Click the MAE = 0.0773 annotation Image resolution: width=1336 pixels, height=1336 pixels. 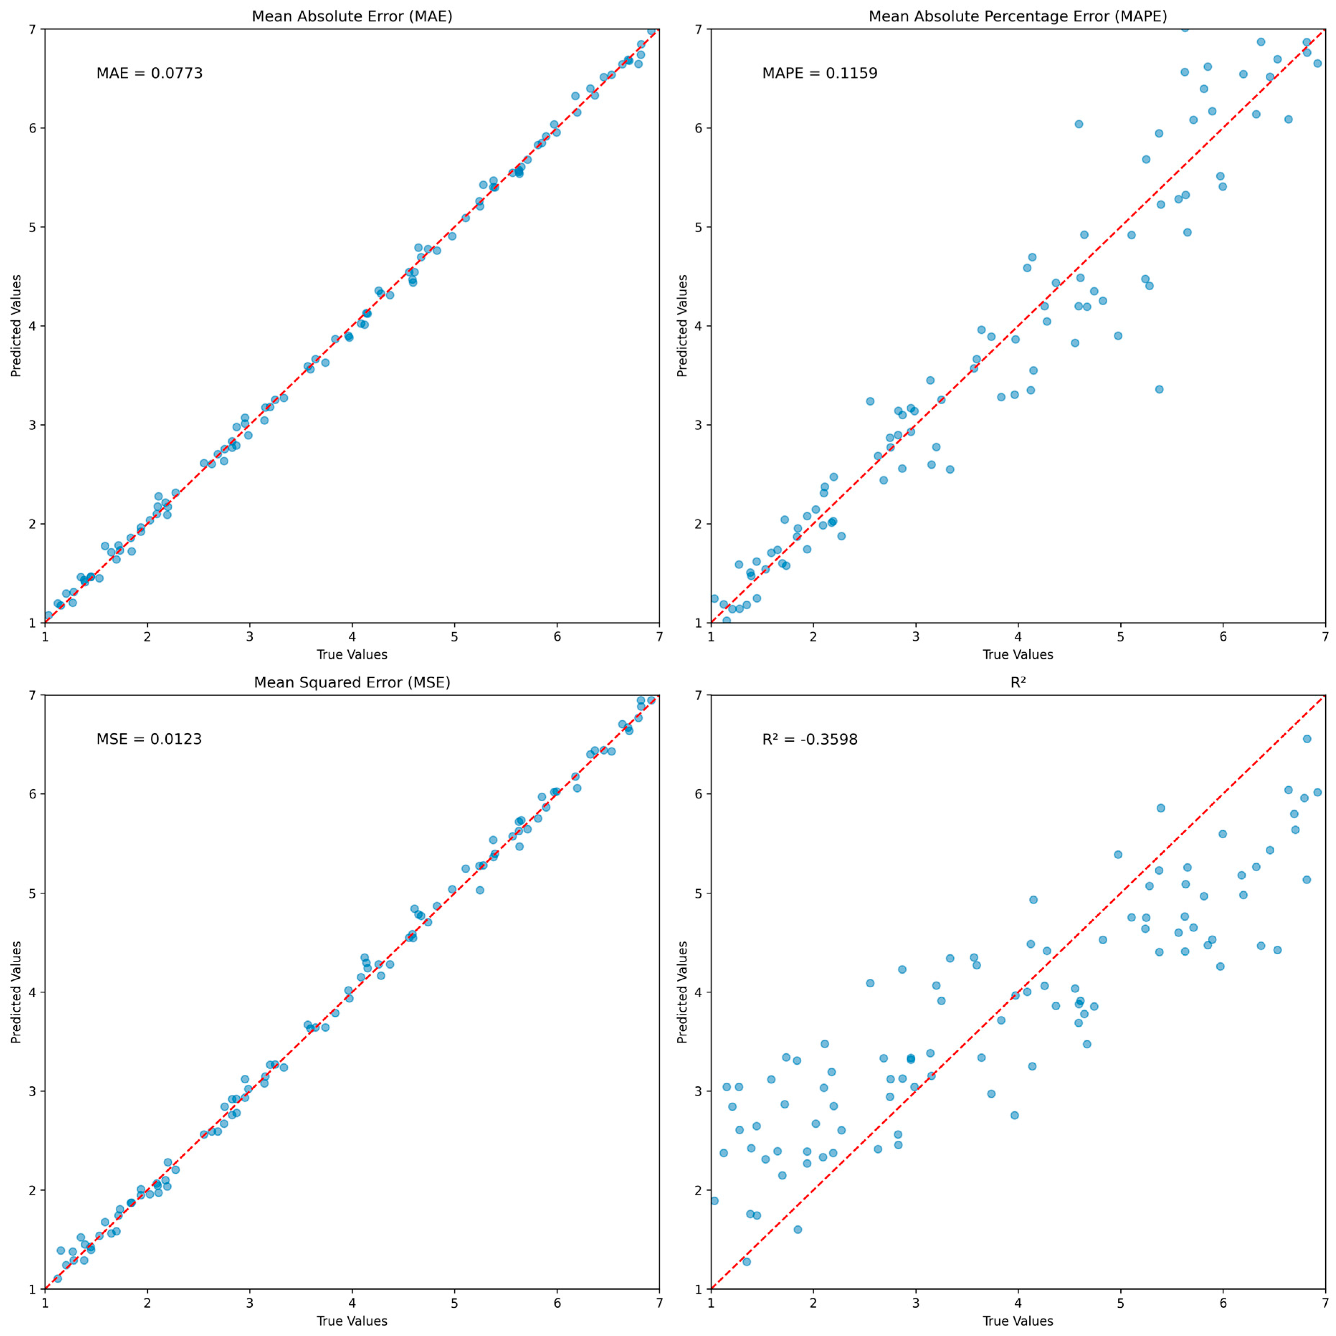coord(149,73)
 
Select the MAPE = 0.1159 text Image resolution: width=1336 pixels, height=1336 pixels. coord(820,73)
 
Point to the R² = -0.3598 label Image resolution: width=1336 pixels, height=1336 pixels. coord(810,739)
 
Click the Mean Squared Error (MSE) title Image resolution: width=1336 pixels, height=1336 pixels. coord(352,683)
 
